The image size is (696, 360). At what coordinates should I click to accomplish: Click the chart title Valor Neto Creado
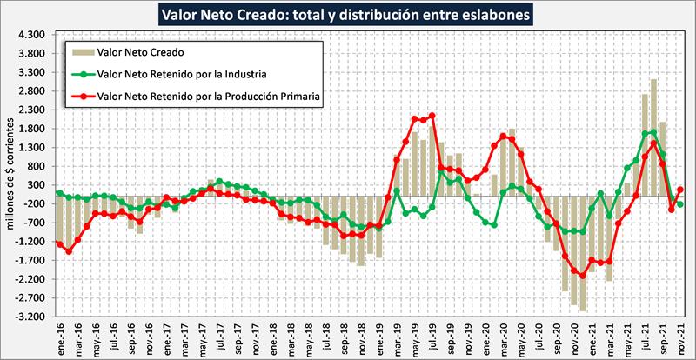(347, 15)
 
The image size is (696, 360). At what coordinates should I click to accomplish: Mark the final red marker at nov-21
(680, 189)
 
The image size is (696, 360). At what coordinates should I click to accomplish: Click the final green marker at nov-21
(680, 204)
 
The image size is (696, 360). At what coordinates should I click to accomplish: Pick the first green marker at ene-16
(58, 192)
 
